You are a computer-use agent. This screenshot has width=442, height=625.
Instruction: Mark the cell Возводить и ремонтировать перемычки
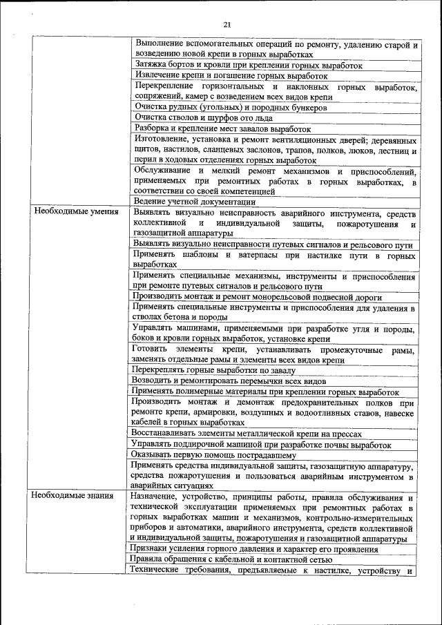click(x=228, y=381)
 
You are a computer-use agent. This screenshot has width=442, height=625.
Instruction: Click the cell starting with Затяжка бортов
click(x=248, y=64)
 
